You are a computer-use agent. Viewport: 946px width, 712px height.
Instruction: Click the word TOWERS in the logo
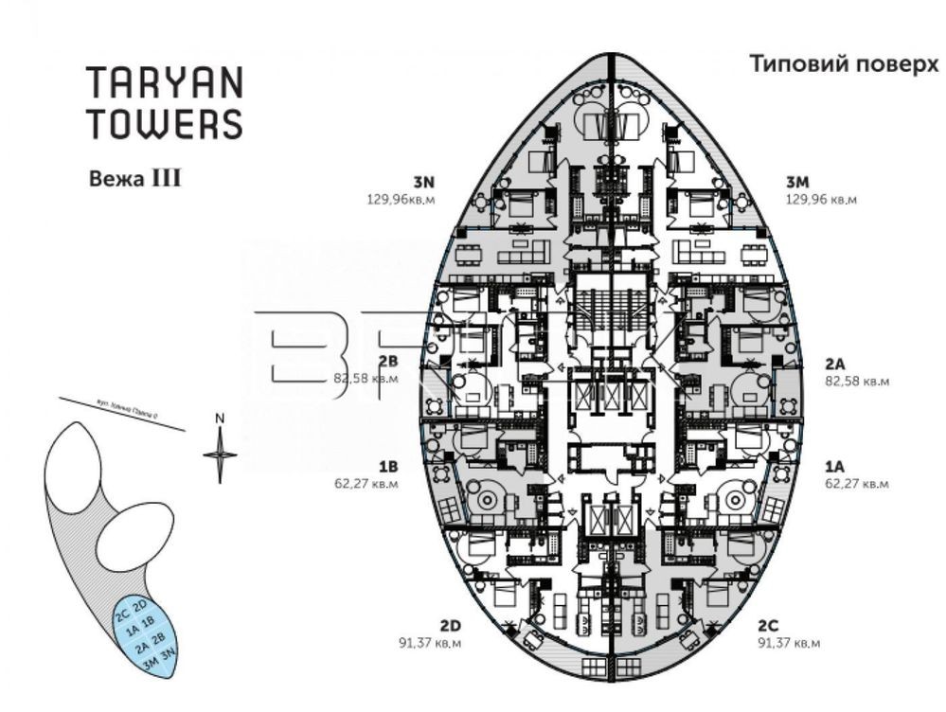[164, 123]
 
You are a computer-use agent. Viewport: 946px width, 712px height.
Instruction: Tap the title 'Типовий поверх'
[844, 64]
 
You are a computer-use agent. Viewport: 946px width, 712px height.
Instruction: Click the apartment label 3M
[797, 183]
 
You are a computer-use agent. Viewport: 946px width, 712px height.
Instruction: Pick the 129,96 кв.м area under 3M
[821, 200]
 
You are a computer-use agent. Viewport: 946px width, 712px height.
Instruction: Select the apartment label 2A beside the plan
[834, 363]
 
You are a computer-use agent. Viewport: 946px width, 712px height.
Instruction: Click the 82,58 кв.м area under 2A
[857, 381]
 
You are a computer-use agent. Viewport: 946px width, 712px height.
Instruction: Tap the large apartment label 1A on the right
[833, 466]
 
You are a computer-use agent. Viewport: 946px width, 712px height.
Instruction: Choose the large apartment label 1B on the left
[387, 466]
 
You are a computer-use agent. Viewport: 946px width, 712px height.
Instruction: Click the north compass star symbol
[220, 454]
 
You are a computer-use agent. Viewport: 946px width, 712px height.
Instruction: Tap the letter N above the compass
[219, 418]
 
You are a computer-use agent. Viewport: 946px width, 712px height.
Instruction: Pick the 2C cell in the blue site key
[123, 613]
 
